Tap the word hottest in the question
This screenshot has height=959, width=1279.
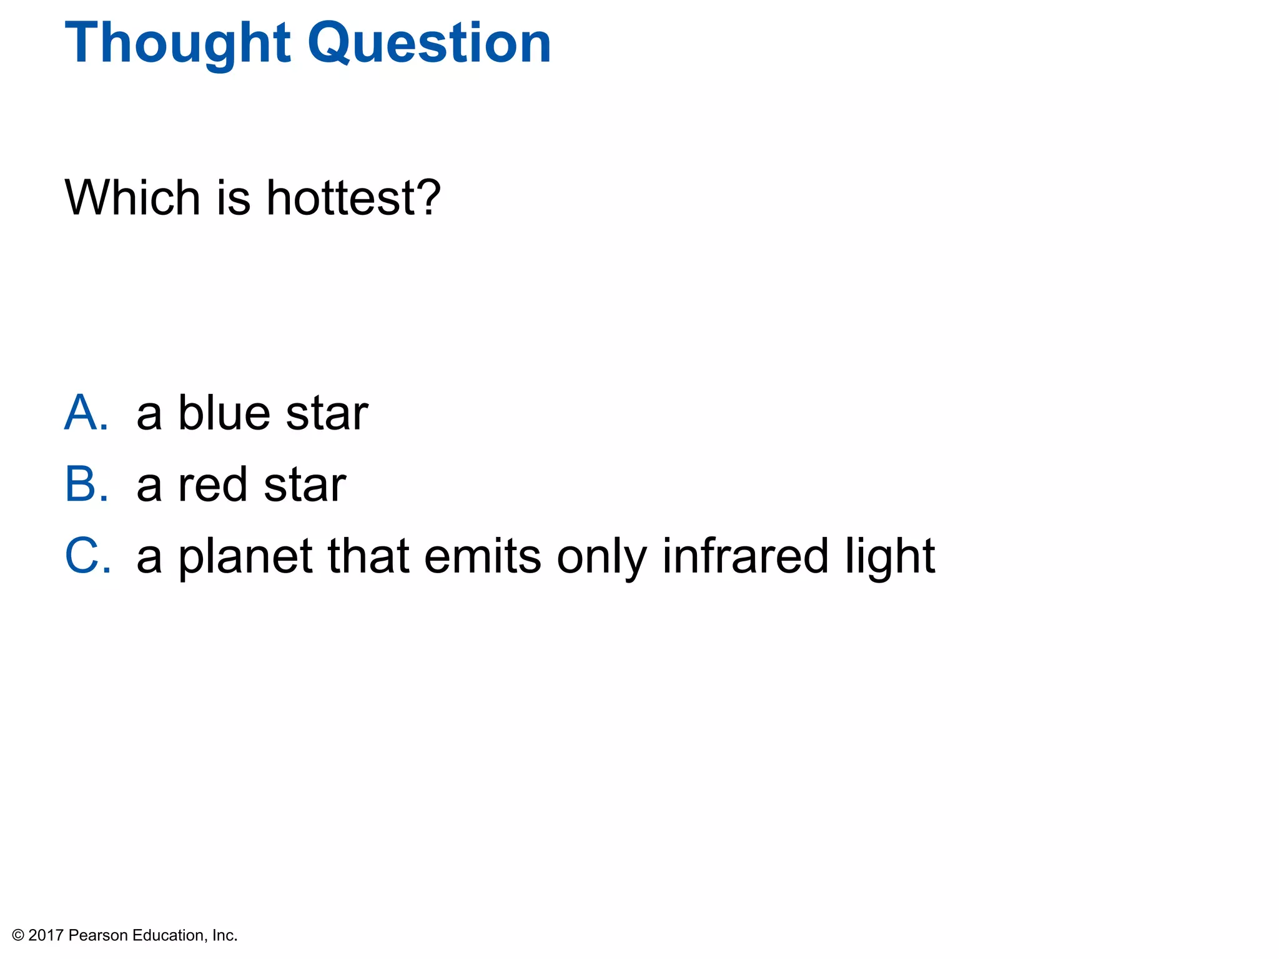(340, 197)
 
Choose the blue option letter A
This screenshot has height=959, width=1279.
(86, 413)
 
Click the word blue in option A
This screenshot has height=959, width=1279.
(224, 413)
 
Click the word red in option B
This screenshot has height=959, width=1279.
(213, 486)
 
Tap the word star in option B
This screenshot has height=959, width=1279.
(304, 486)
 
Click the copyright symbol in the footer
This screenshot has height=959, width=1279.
(18, 935)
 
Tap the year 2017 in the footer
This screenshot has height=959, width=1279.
(46, 935)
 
